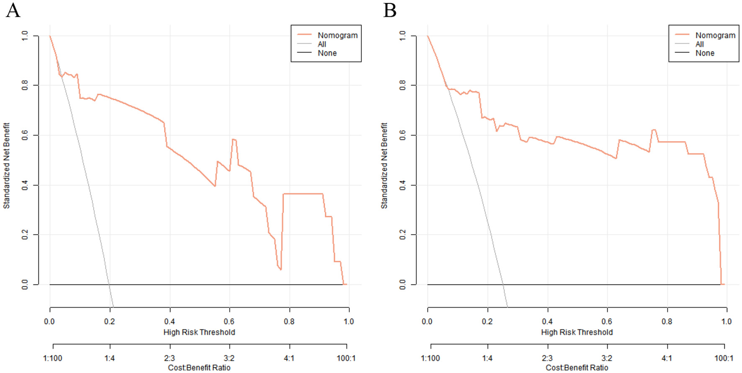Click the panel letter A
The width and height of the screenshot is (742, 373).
coord(13,10)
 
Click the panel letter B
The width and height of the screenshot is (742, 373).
coord(389,10)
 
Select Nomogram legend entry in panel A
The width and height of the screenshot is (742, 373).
coord(338,35)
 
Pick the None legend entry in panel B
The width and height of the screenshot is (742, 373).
coord(705,53)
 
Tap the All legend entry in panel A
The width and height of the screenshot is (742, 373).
coord(322,44)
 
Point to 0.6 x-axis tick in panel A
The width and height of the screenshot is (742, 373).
coord(229,321)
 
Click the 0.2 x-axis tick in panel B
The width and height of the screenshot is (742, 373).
coord(487,321)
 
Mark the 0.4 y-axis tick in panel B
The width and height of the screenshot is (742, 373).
coord(402,185)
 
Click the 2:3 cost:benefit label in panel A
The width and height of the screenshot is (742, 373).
coord(169,358)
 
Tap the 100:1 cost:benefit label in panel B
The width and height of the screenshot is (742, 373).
coord(724,358)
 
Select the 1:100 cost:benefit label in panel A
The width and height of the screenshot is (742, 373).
coord(52,358)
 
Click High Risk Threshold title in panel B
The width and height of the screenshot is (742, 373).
coord(577,332)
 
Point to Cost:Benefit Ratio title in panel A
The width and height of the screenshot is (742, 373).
coord(199,368)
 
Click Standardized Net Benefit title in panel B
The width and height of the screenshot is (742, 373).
coord(384,166)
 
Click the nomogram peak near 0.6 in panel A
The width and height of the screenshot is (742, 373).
coord(234,139)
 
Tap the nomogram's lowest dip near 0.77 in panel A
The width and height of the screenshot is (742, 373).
coord(281,269)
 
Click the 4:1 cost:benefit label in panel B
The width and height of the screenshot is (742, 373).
coord(667,358)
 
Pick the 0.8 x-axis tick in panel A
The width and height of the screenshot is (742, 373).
coord(289,321)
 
